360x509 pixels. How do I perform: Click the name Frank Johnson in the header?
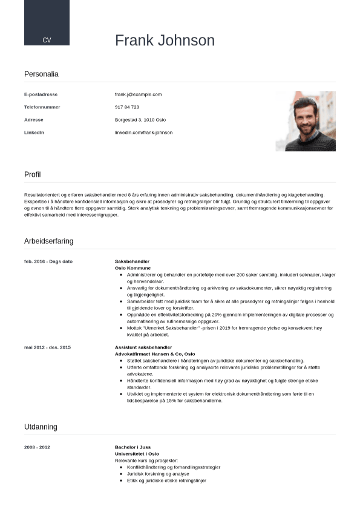point(165,41)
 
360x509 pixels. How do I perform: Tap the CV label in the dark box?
point(47,40)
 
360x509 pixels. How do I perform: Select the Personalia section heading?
point(41,74)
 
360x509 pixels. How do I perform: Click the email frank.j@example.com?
point(138,94)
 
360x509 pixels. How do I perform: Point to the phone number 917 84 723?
point(127,107)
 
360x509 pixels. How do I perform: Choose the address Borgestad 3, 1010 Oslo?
point(140,120)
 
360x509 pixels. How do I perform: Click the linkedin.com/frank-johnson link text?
point(143,133)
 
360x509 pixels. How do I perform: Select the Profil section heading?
point(33,174)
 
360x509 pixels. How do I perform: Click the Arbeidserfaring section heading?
point(48,241)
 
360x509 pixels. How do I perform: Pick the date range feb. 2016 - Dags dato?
point(48,261)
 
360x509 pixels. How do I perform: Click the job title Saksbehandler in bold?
point(132,261)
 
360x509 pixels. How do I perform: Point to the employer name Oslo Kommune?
point(133,268)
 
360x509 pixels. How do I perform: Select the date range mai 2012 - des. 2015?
point(47,347)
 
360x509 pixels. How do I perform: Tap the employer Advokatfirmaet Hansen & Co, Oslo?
point(155,354)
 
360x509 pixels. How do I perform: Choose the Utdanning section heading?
point(41,427)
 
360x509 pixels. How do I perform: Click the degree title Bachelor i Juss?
point(133,447)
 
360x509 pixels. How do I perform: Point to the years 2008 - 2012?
point(37,447)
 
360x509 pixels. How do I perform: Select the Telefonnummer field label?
point(42,107)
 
